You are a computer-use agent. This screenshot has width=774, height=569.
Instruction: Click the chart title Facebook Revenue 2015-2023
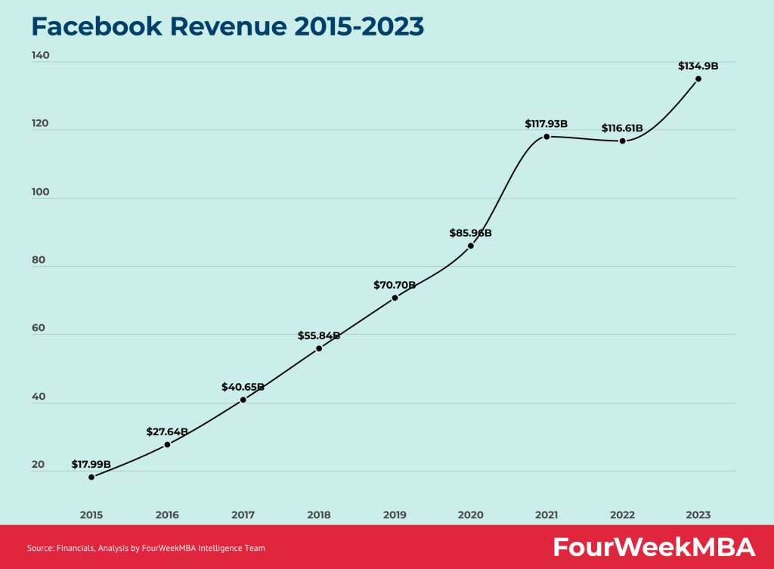[228, 26]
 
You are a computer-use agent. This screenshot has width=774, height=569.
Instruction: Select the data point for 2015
[91, 477]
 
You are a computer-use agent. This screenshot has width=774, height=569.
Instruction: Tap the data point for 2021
[546, 136]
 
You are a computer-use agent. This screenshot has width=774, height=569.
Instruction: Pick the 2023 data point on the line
[698, 79]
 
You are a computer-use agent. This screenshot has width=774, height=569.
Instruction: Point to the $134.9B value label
[698, 66]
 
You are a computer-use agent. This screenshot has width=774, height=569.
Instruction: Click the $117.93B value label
[546, 123]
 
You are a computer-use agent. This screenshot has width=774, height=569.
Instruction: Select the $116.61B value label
[622, 128]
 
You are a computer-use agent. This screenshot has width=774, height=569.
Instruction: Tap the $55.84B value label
[319, 336]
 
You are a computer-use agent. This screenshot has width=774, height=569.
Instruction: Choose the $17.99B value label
[91, 464]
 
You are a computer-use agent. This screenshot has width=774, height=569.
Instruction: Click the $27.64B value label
[167, 431]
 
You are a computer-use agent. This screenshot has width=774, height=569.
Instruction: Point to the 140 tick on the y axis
[40, 55]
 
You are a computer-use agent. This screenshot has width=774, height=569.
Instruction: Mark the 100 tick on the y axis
[40, 192]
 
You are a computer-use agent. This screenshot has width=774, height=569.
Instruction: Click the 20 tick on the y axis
[38, 465]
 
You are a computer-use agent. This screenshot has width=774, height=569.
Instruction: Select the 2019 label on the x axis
[395, 515]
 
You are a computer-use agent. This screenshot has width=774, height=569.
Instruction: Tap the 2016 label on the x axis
[167, 515]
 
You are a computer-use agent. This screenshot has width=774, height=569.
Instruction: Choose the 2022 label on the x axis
[622, 515]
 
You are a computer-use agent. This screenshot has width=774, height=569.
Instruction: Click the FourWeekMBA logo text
[654, 547]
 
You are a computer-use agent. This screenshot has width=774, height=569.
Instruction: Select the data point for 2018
[319, 348]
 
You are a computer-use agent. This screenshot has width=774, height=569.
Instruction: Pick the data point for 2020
[471, 246]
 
